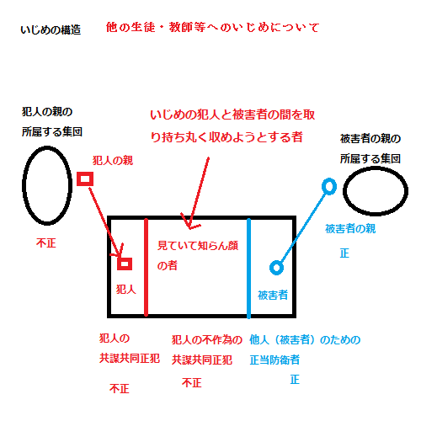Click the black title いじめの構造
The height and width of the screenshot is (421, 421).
click(x=51, y=29)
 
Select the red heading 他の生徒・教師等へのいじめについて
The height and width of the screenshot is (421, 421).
click(x=212, y=27)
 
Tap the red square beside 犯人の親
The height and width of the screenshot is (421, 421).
click(x=85, y=179)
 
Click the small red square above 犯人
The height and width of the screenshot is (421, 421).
click(x=125, y=264)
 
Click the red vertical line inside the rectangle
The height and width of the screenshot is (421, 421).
click(x=146, y=267)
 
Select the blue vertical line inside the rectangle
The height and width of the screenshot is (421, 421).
click(x=248, y=269)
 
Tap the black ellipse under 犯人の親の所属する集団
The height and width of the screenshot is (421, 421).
click(x=23, y=185)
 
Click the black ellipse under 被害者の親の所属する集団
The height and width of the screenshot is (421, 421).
click(x=344, y=191)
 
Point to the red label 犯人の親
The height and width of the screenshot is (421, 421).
click(x=113, y=161)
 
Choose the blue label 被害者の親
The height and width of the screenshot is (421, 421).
click(x=350, y=229)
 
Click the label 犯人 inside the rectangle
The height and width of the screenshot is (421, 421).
click(x=126, y=289)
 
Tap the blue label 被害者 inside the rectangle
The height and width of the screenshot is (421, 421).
click(x=273, y=295)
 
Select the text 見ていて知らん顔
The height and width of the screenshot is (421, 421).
click(x=198, y=246)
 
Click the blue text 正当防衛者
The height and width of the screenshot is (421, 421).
click(x=274, y=360)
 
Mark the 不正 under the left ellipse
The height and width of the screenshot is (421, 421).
click(x=46, y=242)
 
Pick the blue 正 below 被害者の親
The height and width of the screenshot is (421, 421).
click(x=344, y=253)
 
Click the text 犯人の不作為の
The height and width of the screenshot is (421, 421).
click(x=207, y=340)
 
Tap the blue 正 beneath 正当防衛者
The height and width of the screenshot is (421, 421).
click(x=295, y=380)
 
